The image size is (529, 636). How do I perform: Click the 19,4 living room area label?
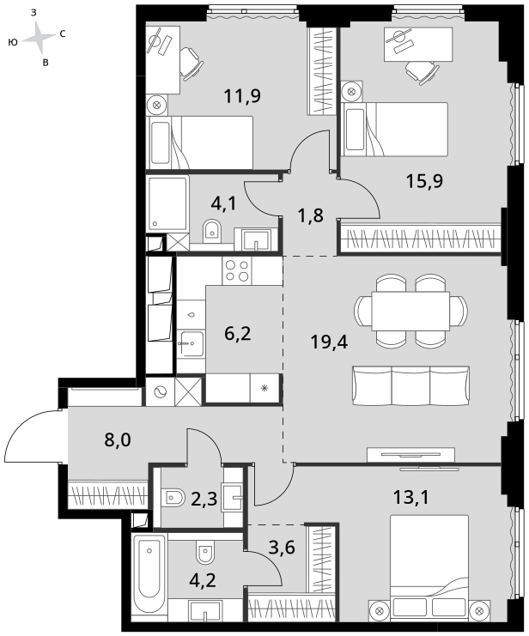tap(329, 342)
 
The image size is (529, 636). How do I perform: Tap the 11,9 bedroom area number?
tap(242, 96)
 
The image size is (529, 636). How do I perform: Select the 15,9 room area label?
tap(424, 181)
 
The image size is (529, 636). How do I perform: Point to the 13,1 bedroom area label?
tap(410, 496)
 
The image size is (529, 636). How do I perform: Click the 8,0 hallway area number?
tap(118, 439)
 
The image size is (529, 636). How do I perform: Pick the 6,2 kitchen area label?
tap(238, 334)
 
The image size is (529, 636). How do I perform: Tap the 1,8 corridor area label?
tap(311, 215)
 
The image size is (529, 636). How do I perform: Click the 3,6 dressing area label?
tap(282, 548)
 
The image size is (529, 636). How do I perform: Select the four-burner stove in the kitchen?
tap(237, 270)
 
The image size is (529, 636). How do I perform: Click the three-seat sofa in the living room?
tap(410, 385)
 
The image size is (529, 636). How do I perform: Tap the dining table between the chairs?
tap(410, 311)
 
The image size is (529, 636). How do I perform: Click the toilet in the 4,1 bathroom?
tap(211, 230)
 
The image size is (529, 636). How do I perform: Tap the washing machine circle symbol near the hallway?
tap(160, 392)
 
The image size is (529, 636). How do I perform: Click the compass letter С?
tap(63, 34)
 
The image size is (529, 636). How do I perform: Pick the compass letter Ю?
tap(13, 42)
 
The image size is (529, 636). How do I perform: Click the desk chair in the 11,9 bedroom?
tap(191, 64)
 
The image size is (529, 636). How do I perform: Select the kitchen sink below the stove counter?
tap(191, 343)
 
